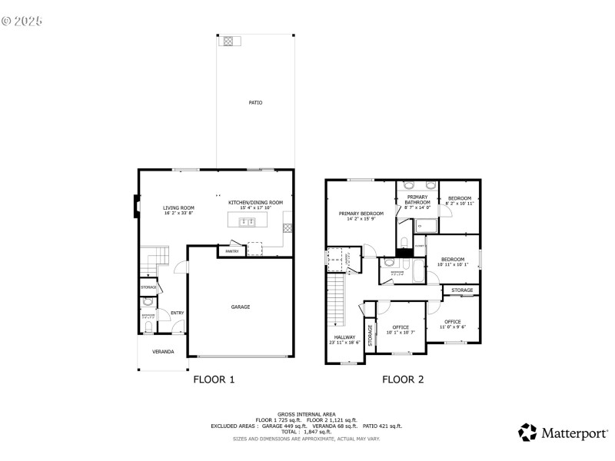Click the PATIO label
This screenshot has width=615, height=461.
[x=255, y=102]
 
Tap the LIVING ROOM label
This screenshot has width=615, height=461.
[x=178, y=207]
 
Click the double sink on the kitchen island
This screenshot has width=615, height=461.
[x=248, y=222]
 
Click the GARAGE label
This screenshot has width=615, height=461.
[x=241, y=307]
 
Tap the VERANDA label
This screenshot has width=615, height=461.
[x=162, y=352]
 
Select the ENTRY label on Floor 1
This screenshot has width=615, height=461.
[x=177, y=313]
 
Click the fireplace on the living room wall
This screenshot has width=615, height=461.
[x=138, y=205]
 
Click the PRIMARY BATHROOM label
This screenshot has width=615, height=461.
[x=417, y=200]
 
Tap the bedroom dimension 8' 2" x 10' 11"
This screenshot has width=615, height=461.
[x=460, y=204]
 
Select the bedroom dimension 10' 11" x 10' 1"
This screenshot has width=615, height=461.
[x=452, y=264]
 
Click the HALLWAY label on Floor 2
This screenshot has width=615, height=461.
[x=344, y=337]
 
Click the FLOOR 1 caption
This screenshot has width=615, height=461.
[x=213, y=379]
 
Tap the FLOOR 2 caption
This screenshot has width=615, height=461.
[x=403, y=379]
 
